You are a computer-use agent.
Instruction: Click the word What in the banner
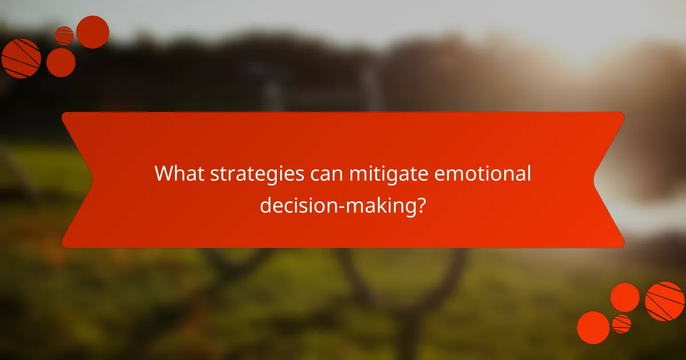pos(178,174)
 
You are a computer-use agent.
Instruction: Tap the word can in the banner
pos(324,174)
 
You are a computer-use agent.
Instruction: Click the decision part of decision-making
pos(293,205)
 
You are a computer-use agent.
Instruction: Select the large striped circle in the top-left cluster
pos(21,58)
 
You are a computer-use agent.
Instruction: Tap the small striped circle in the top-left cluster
pos(64,35)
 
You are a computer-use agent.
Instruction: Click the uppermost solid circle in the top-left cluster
pos(93,32)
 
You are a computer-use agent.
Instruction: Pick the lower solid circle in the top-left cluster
pos(61,62)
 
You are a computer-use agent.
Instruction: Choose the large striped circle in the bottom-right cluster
pos(665,301)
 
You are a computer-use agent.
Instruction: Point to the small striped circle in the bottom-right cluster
pos(621,324)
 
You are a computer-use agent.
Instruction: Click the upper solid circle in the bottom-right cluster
pos(625,297)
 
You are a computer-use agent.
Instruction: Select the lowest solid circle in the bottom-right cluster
pos(593,327)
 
